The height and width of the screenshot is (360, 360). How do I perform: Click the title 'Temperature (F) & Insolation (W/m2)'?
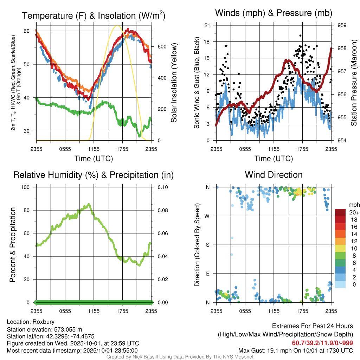tap(94, 15)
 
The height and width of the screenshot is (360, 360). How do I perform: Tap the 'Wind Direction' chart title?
tap(274, 174)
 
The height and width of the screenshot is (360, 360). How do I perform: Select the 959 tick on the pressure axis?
tap(342, 25)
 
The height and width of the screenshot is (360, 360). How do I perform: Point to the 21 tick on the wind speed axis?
tap(207, 25)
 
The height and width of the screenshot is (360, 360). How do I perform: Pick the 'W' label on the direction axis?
tap(208, 216)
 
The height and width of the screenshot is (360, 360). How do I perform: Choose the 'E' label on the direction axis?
tap(208, 274)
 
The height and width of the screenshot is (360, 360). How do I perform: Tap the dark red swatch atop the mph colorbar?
tap(341, 212)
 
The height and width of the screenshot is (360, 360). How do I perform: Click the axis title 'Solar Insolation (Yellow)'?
tap(174, 83)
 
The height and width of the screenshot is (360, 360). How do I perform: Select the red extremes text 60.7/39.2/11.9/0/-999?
tap(322, 343)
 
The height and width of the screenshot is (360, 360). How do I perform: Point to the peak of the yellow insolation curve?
tap(117, 26)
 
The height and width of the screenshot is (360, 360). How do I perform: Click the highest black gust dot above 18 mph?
tap(300, 36)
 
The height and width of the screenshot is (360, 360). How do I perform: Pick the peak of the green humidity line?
tap(89, 204)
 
